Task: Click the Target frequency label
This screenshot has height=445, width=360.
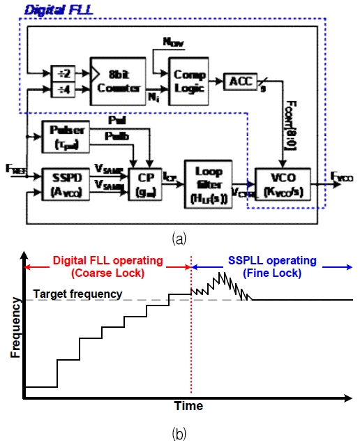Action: [x=78, y=294]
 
